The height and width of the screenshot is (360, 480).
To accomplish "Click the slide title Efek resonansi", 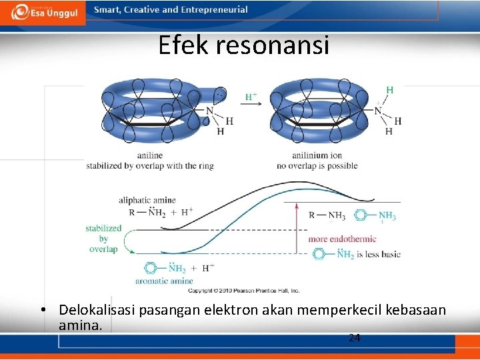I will coord(243,45).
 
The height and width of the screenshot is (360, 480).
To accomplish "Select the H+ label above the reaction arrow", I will coord(251,97).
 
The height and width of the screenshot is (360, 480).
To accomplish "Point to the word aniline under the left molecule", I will coord(150,155).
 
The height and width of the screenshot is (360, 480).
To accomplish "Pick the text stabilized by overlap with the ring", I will coord(150,166).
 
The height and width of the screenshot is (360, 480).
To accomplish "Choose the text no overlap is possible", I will coord(317,166).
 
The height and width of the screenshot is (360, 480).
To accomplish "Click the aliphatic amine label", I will coord(147,200).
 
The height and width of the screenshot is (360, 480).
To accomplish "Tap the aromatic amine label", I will coord(164,281).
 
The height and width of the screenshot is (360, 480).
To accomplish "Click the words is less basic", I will coord(378,255).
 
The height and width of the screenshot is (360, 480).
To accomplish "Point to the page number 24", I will coord(355,338).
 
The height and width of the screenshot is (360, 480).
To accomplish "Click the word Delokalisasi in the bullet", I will coord(94,310).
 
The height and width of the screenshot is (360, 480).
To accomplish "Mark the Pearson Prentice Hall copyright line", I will coord(244,291).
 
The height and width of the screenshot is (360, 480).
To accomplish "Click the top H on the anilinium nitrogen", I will coord(389,90).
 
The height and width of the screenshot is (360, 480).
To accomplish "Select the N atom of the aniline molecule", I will coord(209,111).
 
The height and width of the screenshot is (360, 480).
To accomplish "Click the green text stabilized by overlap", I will coord(103,239).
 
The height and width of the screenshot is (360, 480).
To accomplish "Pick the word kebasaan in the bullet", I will coord(414,310).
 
